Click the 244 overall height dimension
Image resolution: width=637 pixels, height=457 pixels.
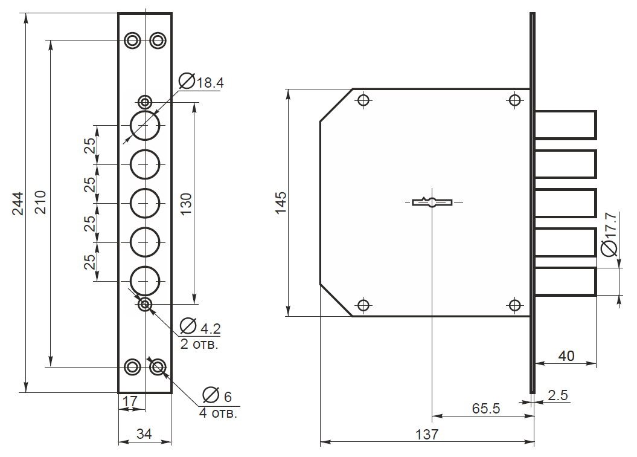(18, 203)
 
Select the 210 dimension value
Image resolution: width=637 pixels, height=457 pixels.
(40, 203)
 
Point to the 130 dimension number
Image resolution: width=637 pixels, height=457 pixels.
(185, 204)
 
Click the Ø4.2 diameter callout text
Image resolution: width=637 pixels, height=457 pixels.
(200, 326)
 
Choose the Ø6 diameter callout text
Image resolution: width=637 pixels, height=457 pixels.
(217, 395)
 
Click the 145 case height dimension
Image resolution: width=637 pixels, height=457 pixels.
(281, 203)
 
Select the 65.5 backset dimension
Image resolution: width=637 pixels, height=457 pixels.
(486, 408)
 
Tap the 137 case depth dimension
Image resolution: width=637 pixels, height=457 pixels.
(427, 434)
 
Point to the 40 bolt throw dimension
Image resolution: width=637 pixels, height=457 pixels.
(566, 356)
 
